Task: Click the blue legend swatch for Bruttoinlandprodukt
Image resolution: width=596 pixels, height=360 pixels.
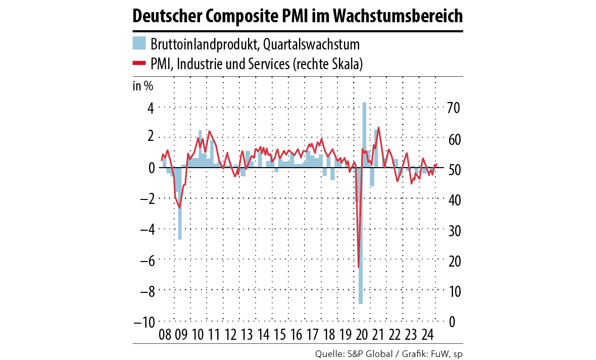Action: point(139,43)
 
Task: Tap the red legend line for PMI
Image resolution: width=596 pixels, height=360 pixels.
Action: point(139,64)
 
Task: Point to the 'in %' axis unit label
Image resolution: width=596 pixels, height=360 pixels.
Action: point(143,85)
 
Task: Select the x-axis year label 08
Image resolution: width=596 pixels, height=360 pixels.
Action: point(165,335)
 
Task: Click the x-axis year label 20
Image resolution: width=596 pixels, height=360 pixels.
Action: point(362,335)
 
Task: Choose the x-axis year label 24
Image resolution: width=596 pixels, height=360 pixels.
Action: point(428,335)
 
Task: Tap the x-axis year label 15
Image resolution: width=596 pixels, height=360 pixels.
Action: point(280,335)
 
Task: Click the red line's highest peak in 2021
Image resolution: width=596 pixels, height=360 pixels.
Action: point(379,128)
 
